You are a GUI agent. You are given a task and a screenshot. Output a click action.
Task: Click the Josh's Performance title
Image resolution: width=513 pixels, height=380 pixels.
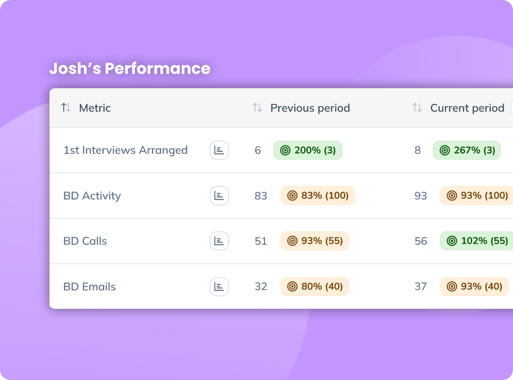click(x=130, y=68)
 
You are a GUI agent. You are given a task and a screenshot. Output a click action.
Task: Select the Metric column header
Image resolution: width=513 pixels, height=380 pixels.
click(x=95, y=108)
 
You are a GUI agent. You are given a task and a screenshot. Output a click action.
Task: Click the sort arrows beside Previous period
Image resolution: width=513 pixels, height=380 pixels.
click(x=257, y=108)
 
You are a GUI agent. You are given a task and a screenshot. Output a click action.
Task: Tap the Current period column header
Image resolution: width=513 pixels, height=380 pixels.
click(x=467, y=108)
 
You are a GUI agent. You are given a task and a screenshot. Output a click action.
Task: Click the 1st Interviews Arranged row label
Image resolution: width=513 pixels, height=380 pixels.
click(x=126, y=150)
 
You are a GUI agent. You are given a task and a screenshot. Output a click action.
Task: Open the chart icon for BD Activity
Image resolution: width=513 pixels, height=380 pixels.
click(x=219, y=195)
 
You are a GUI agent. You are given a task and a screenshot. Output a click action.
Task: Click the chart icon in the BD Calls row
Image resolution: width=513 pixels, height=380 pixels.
click(x=219, y=241)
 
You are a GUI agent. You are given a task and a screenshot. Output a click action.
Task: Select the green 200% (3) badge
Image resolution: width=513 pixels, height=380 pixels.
click(x=308, y=150)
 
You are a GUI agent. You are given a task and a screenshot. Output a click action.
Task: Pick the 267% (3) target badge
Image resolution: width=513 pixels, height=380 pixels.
click(x=467, y=150)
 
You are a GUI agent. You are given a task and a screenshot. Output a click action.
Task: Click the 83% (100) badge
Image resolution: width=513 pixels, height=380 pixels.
click(x=318, y=195)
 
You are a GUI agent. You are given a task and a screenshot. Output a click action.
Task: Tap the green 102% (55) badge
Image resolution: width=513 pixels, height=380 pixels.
click(x=476, y=241)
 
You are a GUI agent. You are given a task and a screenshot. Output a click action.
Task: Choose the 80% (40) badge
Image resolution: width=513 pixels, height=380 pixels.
click(x=315, y=287)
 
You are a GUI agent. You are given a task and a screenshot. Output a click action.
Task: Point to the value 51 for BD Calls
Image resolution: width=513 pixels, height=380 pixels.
click(x=261, y=241)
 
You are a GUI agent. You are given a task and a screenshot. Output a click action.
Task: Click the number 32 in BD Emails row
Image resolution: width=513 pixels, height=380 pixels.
click(x=261, y=287)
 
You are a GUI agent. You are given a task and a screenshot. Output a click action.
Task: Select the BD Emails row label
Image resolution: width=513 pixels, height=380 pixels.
click(x=90, y=287)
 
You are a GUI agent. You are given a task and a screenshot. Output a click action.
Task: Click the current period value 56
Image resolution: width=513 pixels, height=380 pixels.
click(x=421, y=241)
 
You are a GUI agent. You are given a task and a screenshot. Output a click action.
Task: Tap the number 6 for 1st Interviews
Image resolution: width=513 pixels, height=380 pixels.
click(x=258, y=150)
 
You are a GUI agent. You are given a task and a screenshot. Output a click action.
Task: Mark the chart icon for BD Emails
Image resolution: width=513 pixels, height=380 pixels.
click(x=219, y=287)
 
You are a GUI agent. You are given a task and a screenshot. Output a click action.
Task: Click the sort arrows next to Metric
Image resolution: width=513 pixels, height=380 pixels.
click(x=66, y=108)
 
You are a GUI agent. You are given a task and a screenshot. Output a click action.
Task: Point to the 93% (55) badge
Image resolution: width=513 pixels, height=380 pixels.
click(x=315, y=241)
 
